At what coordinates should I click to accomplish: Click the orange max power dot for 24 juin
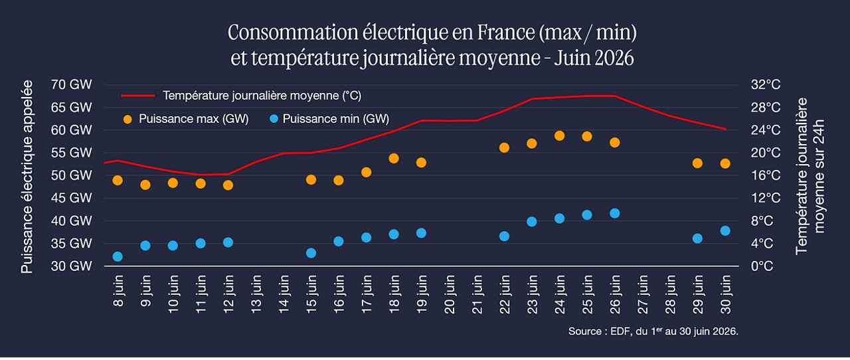[x=559, y=135]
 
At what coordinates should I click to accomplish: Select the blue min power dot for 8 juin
[x=118, y=256]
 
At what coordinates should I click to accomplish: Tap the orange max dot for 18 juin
[x=394, y=158]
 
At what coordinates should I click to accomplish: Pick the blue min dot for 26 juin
[x=615, y=213]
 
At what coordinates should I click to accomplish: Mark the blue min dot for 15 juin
[x=311, y=253]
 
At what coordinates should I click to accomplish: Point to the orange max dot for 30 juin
[x=725, y=163]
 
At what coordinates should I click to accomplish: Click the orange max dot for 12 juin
[x=228, y=185]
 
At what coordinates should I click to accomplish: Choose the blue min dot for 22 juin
[x=504, y=236]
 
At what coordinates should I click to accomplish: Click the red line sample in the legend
[x=137, y=96]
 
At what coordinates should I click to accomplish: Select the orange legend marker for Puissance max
[x=128, y=120]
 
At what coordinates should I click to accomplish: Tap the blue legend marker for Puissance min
[x=274, y=120]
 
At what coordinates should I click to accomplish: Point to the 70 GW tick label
[x=71, y=84]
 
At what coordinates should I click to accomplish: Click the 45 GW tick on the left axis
[x=71, y=198]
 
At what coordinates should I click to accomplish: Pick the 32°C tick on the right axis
[x=766, y=84]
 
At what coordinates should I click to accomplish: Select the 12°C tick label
[x=766, y=198]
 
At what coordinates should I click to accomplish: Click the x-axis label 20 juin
[x=450, y=295]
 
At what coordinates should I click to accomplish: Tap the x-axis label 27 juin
[x=642, y=295]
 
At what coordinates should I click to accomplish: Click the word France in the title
[x=505, y=33]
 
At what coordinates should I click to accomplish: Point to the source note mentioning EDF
[x=653, y=331]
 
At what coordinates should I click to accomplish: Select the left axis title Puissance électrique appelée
[x=27, y=177]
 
